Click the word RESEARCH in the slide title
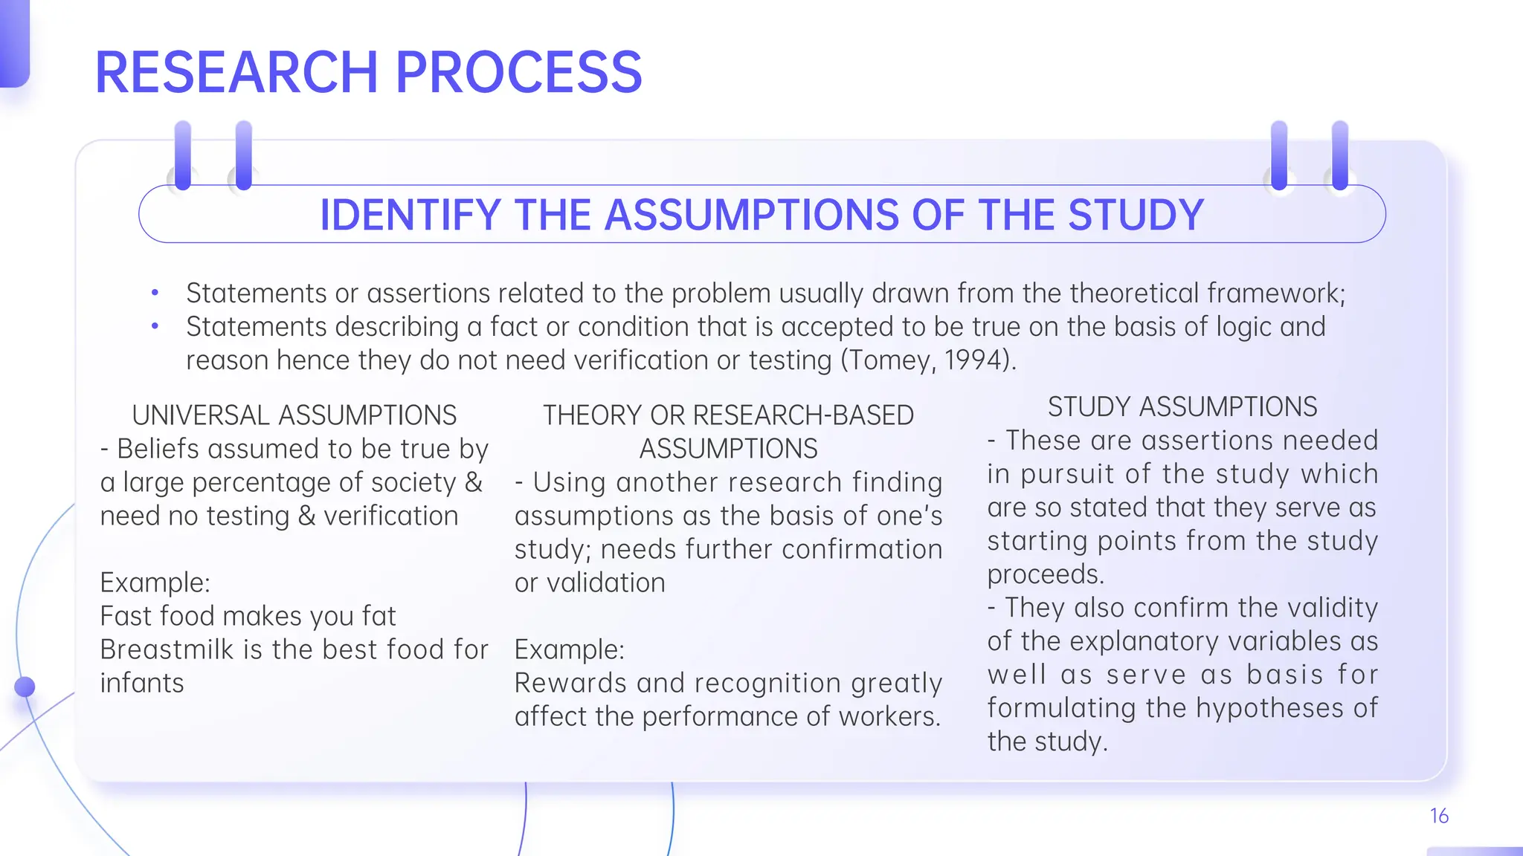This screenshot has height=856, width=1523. click(x=236, y=72)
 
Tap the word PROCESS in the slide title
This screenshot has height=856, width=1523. click(x=518, y=72)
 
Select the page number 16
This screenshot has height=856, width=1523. click(x=1439, y=816)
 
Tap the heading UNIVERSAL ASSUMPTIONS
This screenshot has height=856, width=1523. click(x=294, y=415)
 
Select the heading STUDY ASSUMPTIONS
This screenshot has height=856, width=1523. click(x=1182, y=407)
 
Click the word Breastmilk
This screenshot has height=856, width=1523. click(x=167, y=649)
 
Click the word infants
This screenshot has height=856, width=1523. click(x=142, y=683)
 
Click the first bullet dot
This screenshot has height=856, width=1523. click(x=155, y=294)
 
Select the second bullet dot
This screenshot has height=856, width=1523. click(x=155, y=326)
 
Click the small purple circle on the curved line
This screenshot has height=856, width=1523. click(x=25, y=687)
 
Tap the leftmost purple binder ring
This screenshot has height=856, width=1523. click(x=183, y=156)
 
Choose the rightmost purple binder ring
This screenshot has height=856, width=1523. click(x=1340, y=156)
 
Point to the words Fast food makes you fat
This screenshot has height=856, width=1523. click(x=248, y=616)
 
